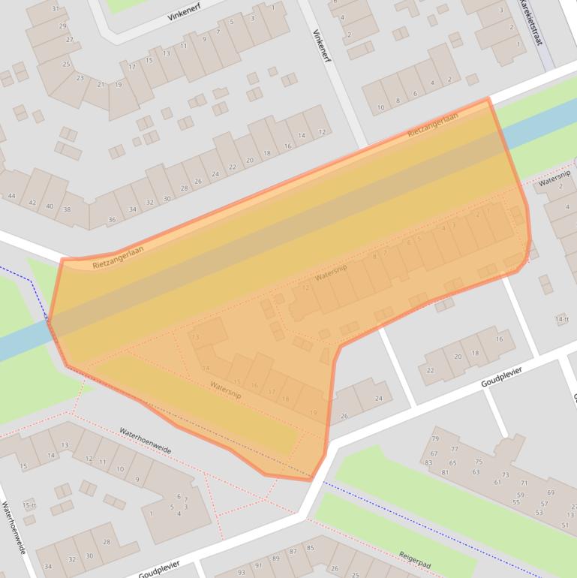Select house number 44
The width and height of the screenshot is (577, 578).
(11, 197)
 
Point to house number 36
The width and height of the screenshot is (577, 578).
(113, 220)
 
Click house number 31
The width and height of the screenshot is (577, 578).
(55, 9)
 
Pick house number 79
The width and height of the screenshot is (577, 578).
(434, 439)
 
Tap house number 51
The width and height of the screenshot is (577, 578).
(564, 525)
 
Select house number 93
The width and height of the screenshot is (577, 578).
(240, 573)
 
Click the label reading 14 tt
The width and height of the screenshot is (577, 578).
(562, 320)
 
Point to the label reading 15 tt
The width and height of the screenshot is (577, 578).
(29, 504)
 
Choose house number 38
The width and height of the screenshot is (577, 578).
(67, 209)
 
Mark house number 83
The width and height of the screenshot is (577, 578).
(428, 463)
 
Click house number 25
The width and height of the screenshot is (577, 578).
(67, 65)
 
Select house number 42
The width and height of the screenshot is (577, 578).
(32, 203)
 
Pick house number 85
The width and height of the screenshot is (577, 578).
(310, 548)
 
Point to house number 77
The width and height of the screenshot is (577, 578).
(454, 449)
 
